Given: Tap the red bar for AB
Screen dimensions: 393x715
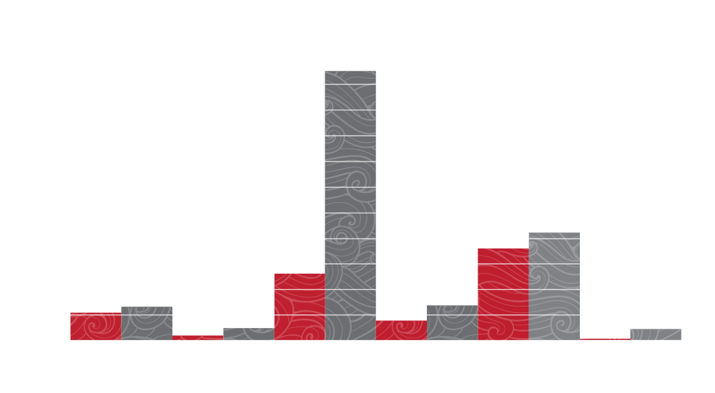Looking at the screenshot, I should point(503,294).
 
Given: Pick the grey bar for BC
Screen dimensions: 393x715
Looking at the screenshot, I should point(554,286).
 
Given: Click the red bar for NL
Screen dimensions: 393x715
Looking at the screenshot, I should point(96,326).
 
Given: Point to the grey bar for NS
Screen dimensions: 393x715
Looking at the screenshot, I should point(147,323).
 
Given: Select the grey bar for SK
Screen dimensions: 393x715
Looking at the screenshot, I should point(452,322).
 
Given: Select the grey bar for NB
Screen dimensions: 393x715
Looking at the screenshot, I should point(248,334).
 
